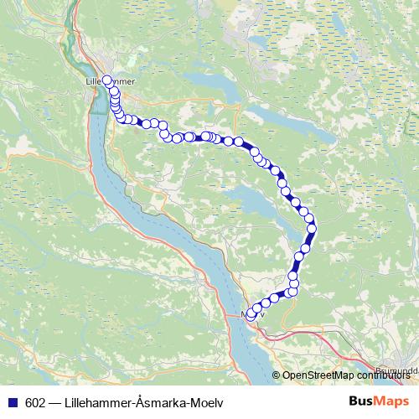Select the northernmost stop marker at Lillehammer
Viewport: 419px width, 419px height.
coord(107,80)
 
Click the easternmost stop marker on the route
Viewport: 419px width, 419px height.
coord(313,227)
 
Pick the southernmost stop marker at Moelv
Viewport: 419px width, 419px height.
coord(249,317)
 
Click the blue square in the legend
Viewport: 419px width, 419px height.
coord(12,403)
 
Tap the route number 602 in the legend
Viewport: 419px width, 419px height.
coord(34,403)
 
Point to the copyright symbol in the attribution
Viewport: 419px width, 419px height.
coord(277,376)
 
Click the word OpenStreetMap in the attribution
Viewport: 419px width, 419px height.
coord(315,376)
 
